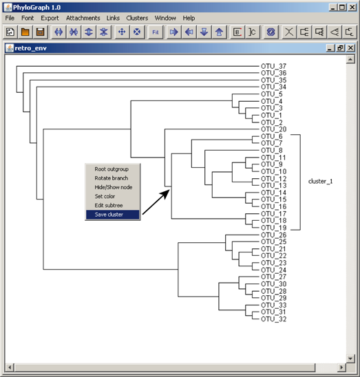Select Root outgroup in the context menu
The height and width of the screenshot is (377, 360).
click(112, 169)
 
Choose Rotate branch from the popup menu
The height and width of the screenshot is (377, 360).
click(112, 178)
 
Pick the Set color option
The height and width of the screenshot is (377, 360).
click(105, 196)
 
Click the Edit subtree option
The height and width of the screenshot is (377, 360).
click(109, 205)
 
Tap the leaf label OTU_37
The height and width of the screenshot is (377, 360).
click(273, 66)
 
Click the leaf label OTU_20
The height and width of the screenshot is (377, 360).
click(273, 129)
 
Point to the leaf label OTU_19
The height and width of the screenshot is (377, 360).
click(273, 228)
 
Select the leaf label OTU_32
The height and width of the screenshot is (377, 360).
click(273, 319)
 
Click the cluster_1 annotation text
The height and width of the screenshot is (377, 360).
click(320, 182)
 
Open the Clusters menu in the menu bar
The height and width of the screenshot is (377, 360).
click(137, 18)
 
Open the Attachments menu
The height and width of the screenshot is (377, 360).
click(83, 18)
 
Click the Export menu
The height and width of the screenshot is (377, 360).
click(50, 18)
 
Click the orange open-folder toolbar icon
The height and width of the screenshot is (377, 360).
click(25, 32)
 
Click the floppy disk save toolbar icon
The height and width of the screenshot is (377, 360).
click(40, 32)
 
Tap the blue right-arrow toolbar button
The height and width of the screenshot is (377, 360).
click(173, 32)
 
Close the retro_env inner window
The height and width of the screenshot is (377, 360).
click(351, 48)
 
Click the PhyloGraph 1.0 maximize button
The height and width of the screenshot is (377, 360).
click(341, 8)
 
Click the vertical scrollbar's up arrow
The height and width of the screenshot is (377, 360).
click(350, 59)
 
